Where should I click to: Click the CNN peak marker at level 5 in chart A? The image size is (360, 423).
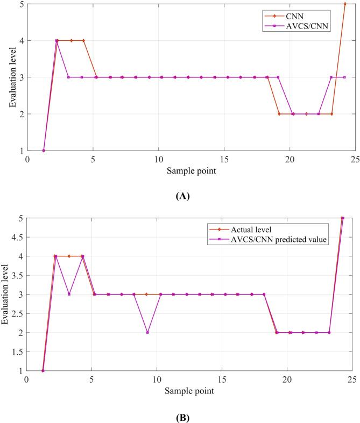coord(345,4)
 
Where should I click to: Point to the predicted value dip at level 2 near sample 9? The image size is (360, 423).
coord(147,332)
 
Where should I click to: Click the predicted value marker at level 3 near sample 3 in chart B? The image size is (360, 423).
coord(69,294)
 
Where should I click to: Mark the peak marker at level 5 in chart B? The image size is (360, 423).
coord(343,218)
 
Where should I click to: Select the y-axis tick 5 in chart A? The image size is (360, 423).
coord(21,4)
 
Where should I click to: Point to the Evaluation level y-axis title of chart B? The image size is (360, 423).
coord(6,295)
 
